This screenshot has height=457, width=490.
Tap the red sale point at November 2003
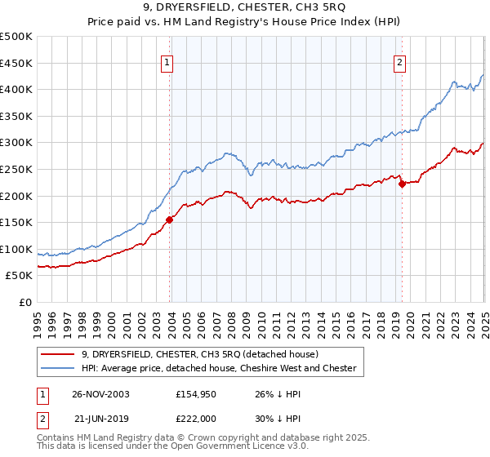click(170, 219)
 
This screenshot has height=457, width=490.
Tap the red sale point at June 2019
click(402, 184)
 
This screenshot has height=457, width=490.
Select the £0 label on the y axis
click(27, 302)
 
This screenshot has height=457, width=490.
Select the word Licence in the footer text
click(225, 448)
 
